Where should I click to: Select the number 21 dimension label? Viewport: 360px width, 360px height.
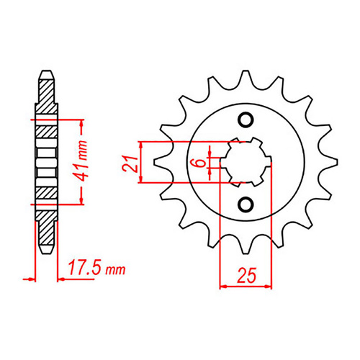pos(130,162)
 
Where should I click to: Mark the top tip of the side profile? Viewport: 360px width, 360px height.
pos(46,72)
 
